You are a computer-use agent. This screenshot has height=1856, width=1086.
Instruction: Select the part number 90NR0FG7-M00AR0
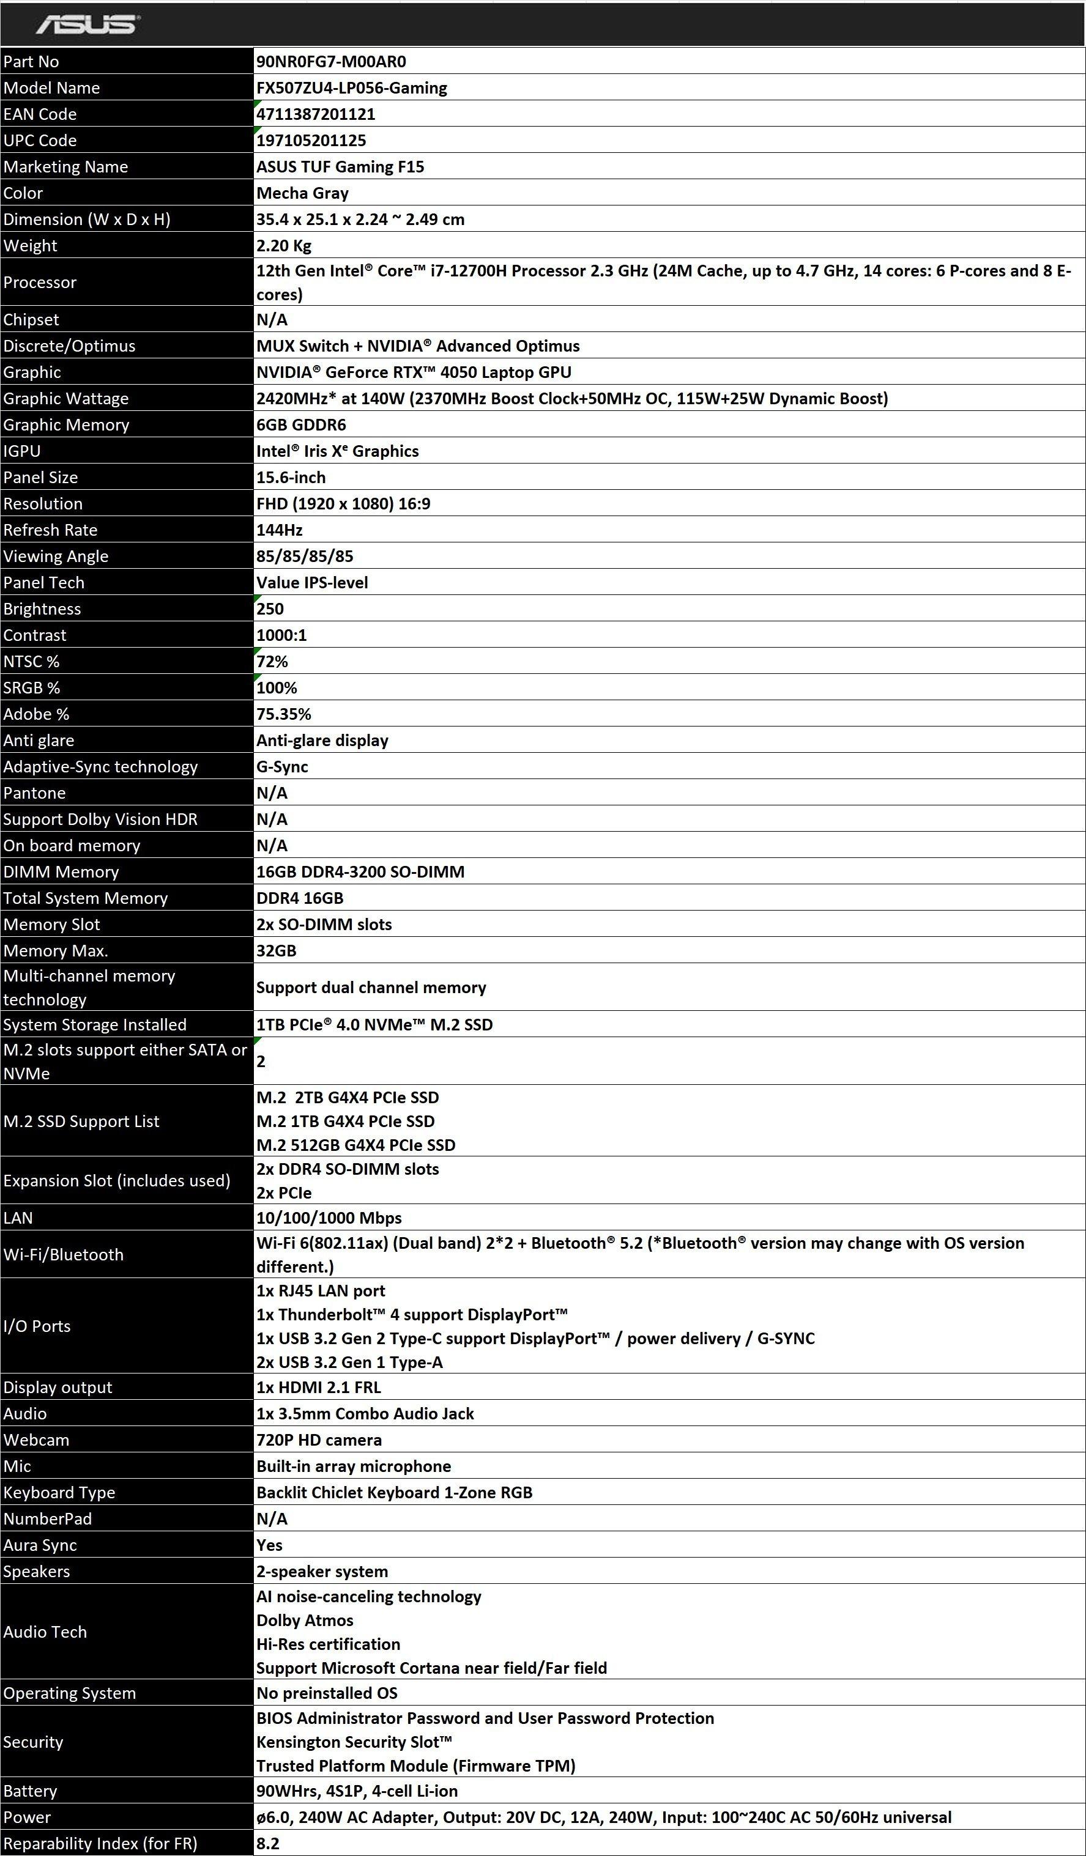click(331, 61)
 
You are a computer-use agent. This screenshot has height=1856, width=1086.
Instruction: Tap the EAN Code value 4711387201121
click(315, 114)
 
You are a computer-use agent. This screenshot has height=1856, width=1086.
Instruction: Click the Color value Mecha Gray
click(302, 193)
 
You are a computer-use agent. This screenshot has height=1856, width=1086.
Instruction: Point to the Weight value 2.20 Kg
click(284, 245)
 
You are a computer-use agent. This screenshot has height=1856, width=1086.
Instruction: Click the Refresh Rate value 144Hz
click(279, 530)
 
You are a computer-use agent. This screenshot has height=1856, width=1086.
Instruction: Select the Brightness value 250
click(270, 608)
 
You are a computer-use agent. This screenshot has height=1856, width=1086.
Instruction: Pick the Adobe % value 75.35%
click(284, 714)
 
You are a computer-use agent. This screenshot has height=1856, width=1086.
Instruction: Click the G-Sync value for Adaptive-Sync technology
click(282, 766)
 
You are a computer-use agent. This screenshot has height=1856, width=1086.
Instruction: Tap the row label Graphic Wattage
click(65, 399)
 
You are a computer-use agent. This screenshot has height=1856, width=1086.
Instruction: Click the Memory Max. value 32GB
click(277, 950)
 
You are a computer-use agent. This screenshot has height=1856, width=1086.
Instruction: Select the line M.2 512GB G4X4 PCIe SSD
click(356, 1145)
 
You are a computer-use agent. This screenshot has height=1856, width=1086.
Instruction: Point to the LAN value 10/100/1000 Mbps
click(329, 1218)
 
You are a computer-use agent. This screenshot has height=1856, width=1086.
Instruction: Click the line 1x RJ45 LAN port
click(321, 1290)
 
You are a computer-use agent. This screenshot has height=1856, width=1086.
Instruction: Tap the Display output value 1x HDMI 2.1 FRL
click(318, 1387)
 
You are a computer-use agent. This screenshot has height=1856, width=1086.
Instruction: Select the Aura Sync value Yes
click(270, 1545)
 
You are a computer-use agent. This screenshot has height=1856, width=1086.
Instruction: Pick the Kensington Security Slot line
click(354, 1741)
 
